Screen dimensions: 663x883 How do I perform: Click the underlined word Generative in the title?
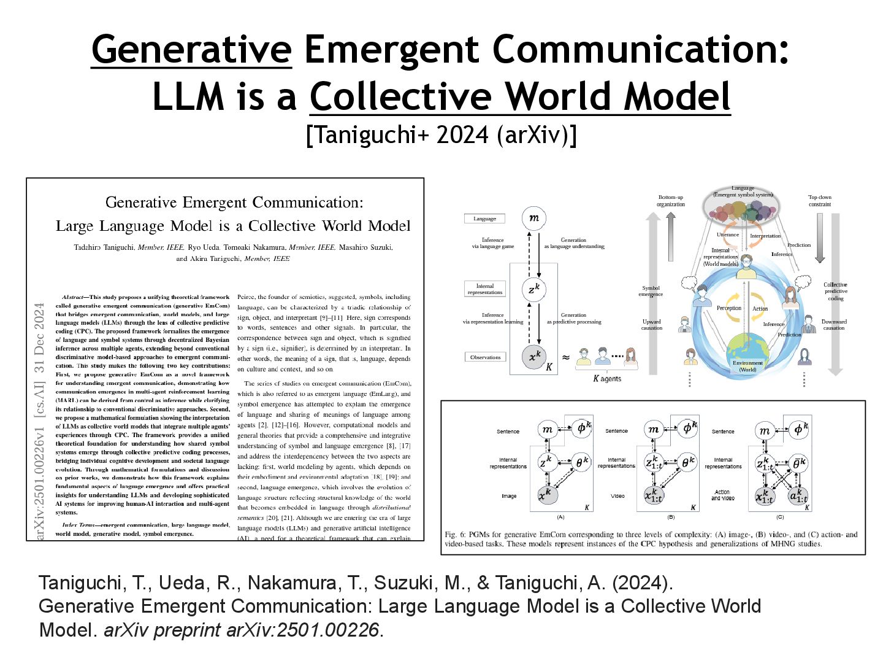pyautogui.click(x=191, y=49)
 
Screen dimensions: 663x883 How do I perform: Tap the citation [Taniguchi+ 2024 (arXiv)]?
pyautogui.click(x=441, y=134)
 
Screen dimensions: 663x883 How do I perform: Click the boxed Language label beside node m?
pyautogui.click(x=484, y=219)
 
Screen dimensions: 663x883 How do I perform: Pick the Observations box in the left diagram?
pyautogui.click(x=485, y=357)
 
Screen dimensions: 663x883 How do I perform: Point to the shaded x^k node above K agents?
pyautogui.click(x=534, y=357)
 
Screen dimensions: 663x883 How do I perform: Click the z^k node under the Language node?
pyautogui.click(x=534, y=289)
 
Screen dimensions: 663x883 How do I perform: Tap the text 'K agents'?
pyautogui.click(x=607, y=379)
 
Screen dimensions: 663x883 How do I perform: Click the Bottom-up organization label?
pyautogui.click(x=670, y=201)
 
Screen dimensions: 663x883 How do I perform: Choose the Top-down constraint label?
pyautogui.click(x=819, y=201)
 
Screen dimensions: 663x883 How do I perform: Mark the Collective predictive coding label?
pyautogui.click(x=835, y=291)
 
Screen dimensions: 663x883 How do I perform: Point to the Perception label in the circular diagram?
pyautogui.click(x=728, y=308)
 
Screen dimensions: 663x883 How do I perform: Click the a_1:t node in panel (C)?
pyautogui.click(x=798, y=495)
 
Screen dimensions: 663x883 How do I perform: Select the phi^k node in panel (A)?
pyautogui.click(x=581, y=428)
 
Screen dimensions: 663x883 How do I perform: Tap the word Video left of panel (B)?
pyautogui.click(x=617, y=495)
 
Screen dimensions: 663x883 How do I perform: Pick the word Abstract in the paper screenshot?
pyautogui.click(x=73, y=297)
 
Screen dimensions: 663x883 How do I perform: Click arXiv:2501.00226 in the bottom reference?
pyautogui.click(x=302, y=630)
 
